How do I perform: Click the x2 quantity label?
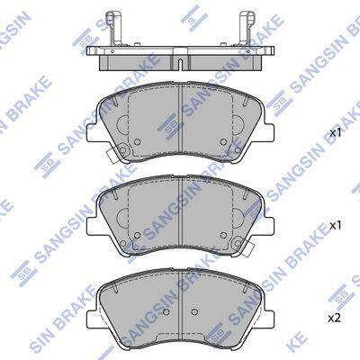pos(335,319)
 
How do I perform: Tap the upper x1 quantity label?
pos(336,133)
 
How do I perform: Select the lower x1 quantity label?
pos(336,226)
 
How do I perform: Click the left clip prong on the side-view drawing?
pos(112,28)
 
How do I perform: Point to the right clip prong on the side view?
pos(246,28)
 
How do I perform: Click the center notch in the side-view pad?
pos(180,64)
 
